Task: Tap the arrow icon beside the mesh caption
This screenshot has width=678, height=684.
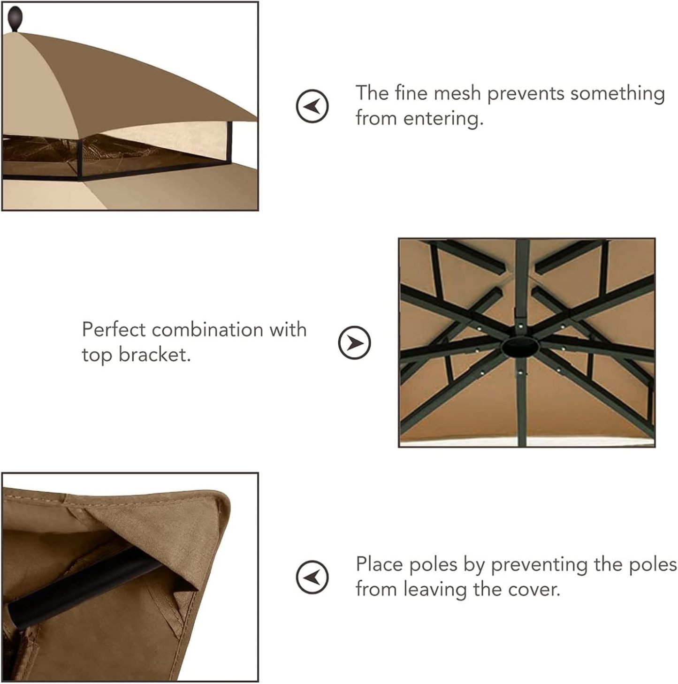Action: pyautogui.click(x=312, y=106)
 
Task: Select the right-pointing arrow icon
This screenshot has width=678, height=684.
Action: pyautogui.click(x=354, y=343)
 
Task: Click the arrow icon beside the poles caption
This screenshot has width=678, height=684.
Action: pyautogui.click(x=312, y=577)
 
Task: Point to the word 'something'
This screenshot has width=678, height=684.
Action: pyautogui.click(x=617, y=94)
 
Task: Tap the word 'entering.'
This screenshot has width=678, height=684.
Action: pyautogui.click(x=443, y=119)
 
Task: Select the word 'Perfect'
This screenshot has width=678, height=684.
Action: pyautogui.click(x=114, y=330)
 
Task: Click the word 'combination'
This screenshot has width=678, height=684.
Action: pyautogui.click(x=207, y=330)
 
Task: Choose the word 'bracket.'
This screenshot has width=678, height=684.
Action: pyautogui.click(x=155, y=355)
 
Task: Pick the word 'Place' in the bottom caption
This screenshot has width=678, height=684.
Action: pyautogui.click(x=379, y=564)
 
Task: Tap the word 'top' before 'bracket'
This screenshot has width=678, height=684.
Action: pyautogui.click(x=97, y=356)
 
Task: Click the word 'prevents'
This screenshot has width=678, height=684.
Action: pyautogui.click(x=525, y=94)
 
